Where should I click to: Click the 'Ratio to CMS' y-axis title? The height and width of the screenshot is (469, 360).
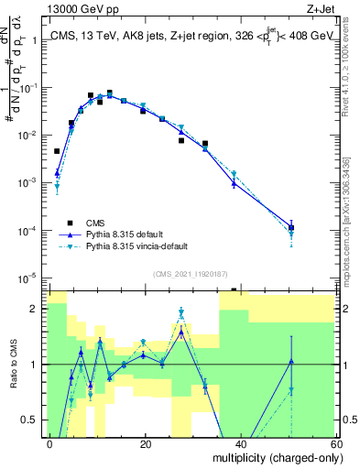pos(14,365)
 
